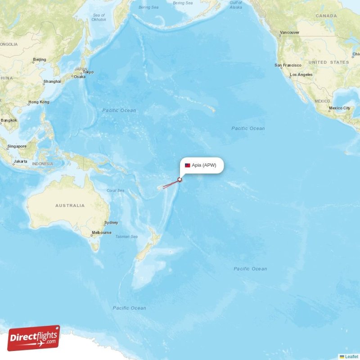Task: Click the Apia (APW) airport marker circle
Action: pyautogui.click(x=180, y=180)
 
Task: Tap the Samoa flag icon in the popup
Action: pyautogui.click(x=187, y=165)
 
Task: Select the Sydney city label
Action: pyautogui.click(x=111, y=223)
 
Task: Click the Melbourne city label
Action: pyautogui.click(x=101, y=233)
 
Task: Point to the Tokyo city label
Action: pyautogui.click(x=88, y=72)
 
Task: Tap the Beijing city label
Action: pyautogui.click(x=40, y=60)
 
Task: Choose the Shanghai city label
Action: pyautogui.click(x=52, y=82)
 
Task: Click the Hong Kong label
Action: pyautogui.click(x=39, y=102)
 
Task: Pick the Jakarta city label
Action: pyautogui.click(x=20, y=161)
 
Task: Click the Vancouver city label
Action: pyautogui.click(x=289, y=33)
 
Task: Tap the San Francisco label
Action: pyautogui.click(x=288, y=65)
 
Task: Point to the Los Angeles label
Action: pyautogui.click(x=301, y=75)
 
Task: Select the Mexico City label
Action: pyautogui.click(x=339, y=108)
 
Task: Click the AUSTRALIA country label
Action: pyautogui.click(x=70, y=205)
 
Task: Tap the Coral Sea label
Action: pyautogui.click(x=115, y=190)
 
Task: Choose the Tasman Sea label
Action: pyautogui.click(x=126, y=236)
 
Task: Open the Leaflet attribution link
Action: pyautogui.click(x=351, y=356)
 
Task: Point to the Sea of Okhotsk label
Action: pyautogui.click(x=99, y=18)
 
